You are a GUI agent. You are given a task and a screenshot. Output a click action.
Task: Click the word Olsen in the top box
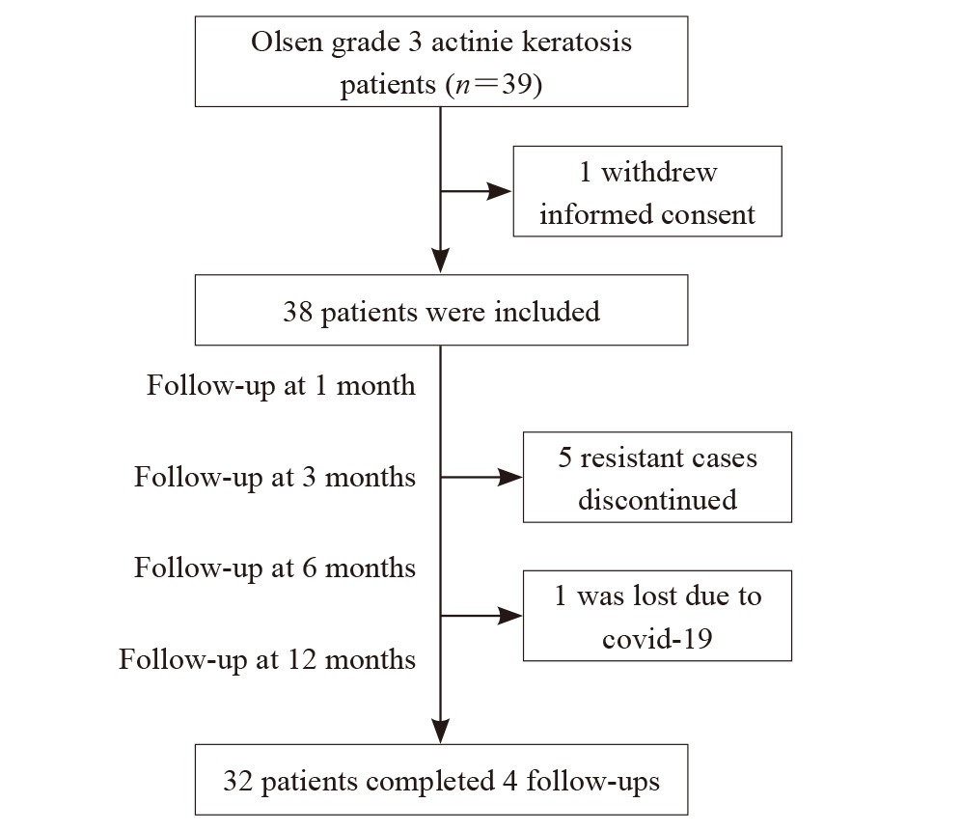(x=287, y=42)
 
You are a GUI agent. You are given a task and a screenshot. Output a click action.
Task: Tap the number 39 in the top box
(x=517, y=84)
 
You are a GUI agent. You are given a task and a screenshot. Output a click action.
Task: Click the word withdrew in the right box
(x=659, y=173)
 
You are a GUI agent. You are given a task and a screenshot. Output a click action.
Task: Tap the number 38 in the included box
(x=298, y=312)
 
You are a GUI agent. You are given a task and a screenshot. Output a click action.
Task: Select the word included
(x=547, y=312)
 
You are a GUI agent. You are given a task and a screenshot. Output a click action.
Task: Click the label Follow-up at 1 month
(x=282, y=386)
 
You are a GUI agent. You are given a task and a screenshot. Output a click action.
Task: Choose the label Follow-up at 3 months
(x=275, y=477)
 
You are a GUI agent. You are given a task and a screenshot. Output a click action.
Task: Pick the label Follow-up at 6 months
(x=275, y=568)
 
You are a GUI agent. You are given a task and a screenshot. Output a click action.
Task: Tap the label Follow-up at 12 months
(x=267, y=660)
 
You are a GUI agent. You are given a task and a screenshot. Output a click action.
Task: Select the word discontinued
(x=658, y=500)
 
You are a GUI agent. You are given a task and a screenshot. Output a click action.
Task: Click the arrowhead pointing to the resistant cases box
(x=509, y=477)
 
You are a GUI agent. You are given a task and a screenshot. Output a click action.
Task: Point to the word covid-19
(x=658, y=639)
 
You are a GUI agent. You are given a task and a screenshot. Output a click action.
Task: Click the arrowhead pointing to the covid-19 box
(x=509, y=616)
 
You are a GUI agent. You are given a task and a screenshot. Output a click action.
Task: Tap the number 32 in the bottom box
(x=238, y=782)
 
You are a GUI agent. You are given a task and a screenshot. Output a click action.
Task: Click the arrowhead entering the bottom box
(x=441, y=732)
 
